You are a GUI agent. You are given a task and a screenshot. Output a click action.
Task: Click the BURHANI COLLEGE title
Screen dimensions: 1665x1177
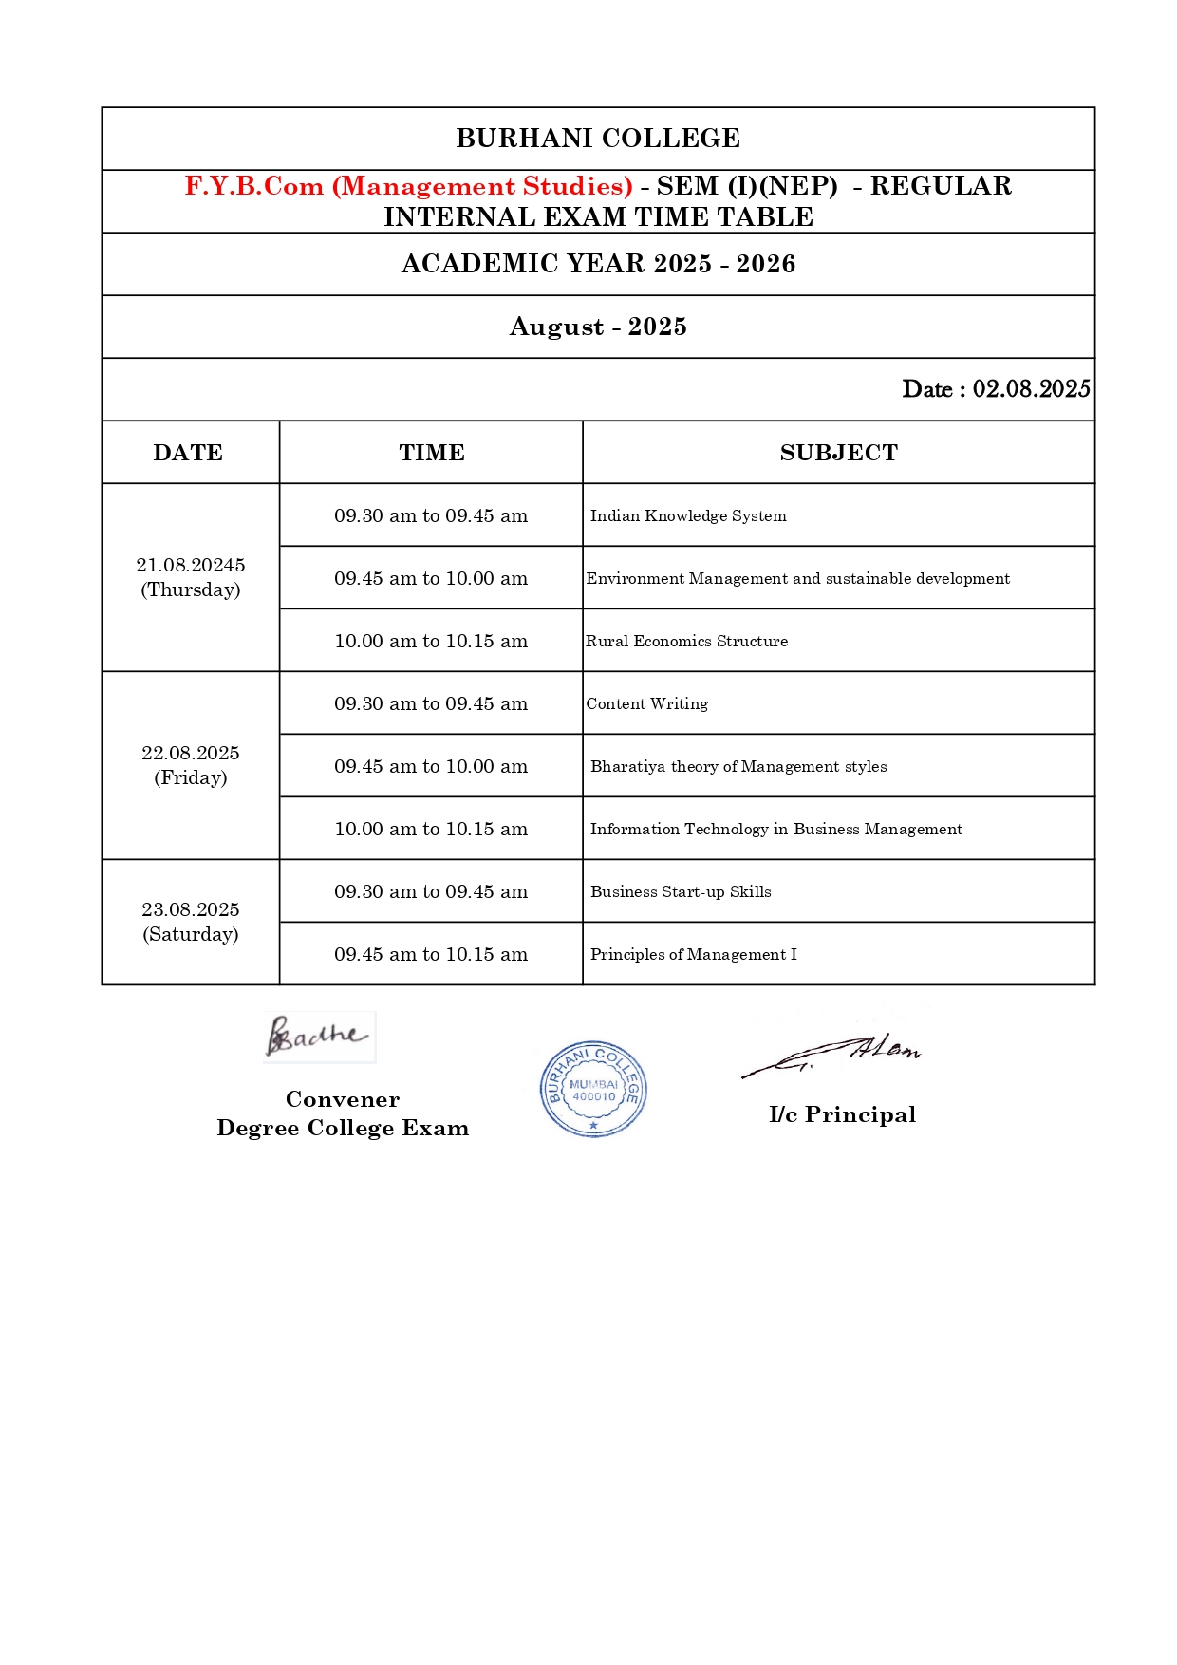tap(598, 139)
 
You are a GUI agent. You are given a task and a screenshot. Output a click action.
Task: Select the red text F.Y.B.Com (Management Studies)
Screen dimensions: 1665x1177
tap(408, 186)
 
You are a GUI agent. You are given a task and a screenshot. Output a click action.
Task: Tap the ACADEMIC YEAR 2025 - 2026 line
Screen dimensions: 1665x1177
tap(598, 264)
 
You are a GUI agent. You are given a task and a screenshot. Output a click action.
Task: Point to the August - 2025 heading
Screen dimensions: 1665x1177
tap(598, 327)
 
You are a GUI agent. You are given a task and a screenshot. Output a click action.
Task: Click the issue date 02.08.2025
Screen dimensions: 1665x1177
tap(1031, 389)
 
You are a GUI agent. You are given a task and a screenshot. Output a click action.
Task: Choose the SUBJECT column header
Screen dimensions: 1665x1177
tap(838, 453)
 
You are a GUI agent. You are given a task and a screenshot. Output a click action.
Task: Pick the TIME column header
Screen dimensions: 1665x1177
tap(432, 453)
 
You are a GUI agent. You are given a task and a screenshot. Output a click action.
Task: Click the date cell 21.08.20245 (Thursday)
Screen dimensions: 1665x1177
tap(191, 577)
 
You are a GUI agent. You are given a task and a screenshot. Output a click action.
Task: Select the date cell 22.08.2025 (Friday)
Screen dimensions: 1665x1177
tap(191, 765)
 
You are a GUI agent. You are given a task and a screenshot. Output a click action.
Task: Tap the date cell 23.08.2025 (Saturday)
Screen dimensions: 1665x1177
tap(191, 922)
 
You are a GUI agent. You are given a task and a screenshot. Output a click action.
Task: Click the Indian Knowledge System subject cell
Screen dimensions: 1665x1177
tap(688, 515)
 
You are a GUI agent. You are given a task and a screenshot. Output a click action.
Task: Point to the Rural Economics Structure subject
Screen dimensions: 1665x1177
tap(686, 641)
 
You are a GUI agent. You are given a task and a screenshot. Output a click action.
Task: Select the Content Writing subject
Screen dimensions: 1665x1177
tap(646, 703)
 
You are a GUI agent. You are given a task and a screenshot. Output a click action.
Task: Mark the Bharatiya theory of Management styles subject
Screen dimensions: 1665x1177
tap(738, 766)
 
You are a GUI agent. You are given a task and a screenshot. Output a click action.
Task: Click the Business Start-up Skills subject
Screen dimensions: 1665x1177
tap(681, 891)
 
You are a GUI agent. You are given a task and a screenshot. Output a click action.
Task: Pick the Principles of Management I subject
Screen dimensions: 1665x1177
tap(693, 954)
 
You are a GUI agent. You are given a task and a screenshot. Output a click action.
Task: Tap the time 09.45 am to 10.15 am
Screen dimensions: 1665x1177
tap(431, 954)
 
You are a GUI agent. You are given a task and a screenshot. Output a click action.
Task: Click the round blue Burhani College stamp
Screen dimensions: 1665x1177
tap(593, 1089)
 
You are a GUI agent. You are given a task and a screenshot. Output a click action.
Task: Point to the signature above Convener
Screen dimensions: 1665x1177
tap(317, 1036)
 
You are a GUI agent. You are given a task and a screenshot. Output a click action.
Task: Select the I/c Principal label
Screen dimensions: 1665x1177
tap(842, 1114)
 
